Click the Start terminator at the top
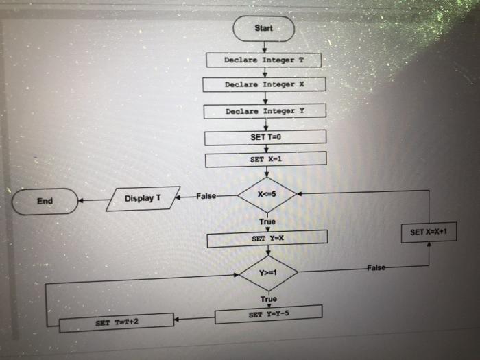(263, 28)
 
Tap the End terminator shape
(45, 201)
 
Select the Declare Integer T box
(263, 60)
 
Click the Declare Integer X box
(263, 85)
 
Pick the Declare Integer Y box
(264, 110)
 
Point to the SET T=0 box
(265, 136)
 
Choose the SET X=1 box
(265, 160)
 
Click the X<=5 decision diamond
(266, 195)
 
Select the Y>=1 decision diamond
(268, 273)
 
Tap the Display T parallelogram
(143, 199)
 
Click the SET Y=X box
(267, 239)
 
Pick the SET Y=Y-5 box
(268, 315)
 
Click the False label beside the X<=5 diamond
(206, 197)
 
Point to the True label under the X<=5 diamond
(267, 221)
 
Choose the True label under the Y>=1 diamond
(269, 299)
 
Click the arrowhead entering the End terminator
(82, 202)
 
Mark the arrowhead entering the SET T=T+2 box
(176, 320)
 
